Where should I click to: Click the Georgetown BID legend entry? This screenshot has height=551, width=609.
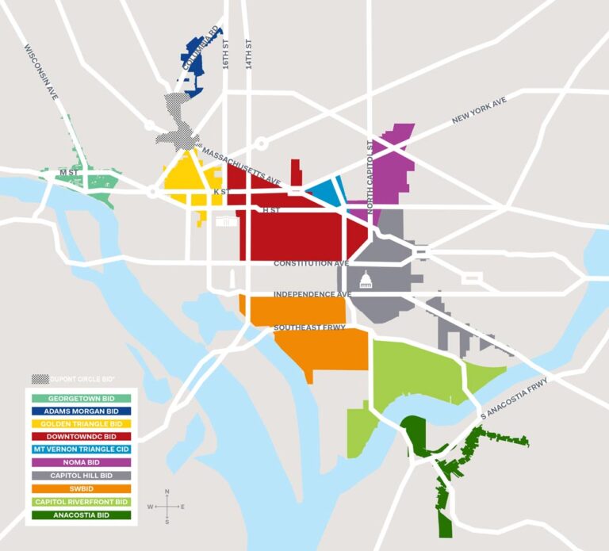pos(82,398)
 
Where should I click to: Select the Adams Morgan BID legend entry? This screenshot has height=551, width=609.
pos(82,411)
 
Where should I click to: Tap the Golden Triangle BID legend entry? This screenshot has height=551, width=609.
pos(82,423)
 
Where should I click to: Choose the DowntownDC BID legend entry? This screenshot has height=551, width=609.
pos(82,436)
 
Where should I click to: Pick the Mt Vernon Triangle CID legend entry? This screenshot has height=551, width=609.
pos(82,449)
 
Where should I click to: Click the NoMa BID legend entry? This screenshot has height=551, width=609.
pos(82,461)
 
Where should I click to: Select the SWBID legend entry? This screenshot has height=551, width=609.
pos(82,488)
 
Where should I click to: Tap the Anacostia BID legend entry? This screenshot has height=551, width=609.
pos(82,515)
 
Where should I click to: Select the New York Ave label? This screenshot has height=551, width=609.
pos(478,109)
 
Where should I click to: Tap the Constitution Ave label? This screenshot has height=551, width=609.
pos(312,263)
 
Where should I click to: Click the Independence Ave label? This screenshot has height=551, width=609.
pos(312,294)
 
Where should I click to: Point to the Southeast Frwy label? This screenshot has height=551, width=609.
pos(309,327)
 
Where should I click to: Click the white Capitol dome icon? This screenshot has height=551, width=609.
pos(366,279)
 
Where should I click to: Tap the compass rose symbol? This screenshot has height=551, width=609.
pos(167,506)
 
